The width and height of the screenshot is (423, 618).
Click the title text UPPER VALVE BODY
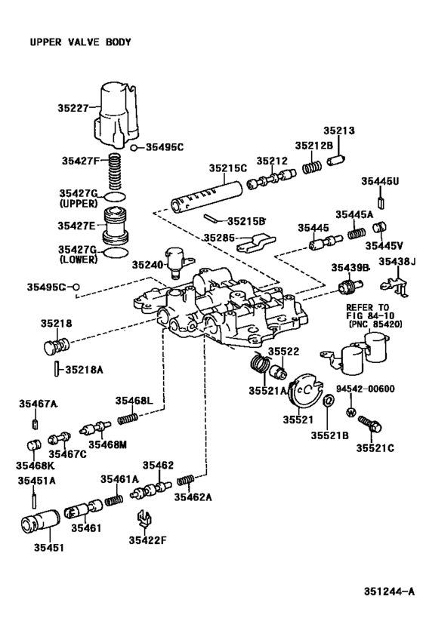(80, 42)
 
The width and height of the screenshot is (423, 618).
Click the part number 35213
(339, 131)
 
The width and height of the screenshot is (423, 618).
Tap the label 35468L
(134, 400)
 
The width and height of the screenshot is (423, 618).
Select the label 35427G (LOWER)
(76, 254)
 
